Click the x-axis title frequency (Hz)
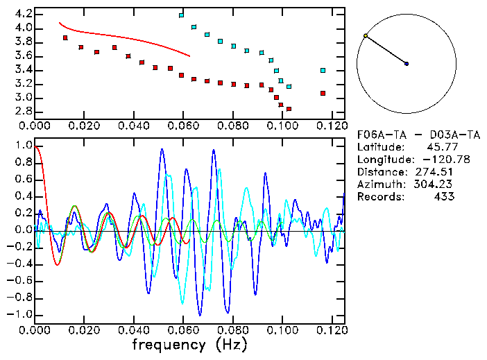pyautogui.click(x=189, y=345)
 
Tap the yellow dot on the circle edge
pyautogui.click(x=366, y=35)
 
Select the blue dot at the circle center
pyautogui.click(x=407, y=64)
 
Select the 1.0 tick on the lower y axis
pyautogui.click(x=23, y=146)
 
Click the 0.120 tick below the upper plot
pyautogui.click(x=331, y=126)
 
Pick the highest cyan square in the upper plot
pyautogui.click(x=181, y=15)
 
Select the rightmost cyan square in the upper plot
pyautogui.click(x=323, y=70)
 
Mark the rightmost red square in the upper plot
pyautogui.click(x=323, y=93)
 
